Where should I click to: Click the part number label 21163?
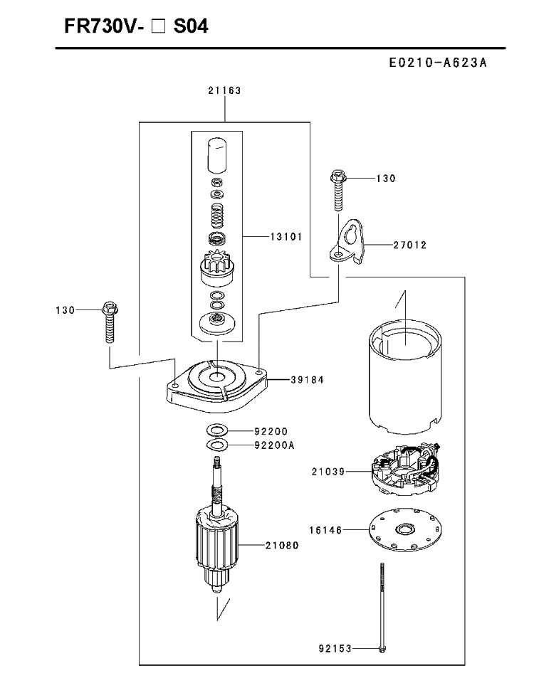click(x=224, y=90)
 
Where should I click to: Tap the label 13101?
click(x=286, y=236)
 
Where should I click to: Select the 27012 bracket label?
click(x=410, y=245)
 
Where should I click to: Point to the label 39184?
click(x=308, y=380)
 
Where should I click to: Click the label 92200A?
click(x=275, y=445)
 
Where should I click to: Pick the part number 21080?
click(x=282, y=545)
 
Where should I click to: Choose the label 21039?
click(x=328, y=471)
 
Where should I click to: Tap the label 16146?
click(x=326, y=530)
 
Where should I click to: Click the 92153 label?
click(x=335, y=649)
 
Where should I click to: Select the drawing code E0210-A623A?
click(x=438, y=63)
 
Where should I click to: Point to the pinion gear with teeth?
click(x=216, y=270)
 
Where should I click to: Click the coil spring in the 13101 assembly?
click(x=216, y=216)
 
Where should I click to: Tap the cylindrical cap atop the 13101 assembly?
click(x=216, y=156)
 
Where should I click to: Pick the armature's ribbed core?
click(x=216, y=539)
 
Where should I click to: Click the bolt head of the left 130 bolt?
click(x=110, y=308)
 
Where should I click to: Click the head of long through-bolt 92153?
click(x=382, y=649)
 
